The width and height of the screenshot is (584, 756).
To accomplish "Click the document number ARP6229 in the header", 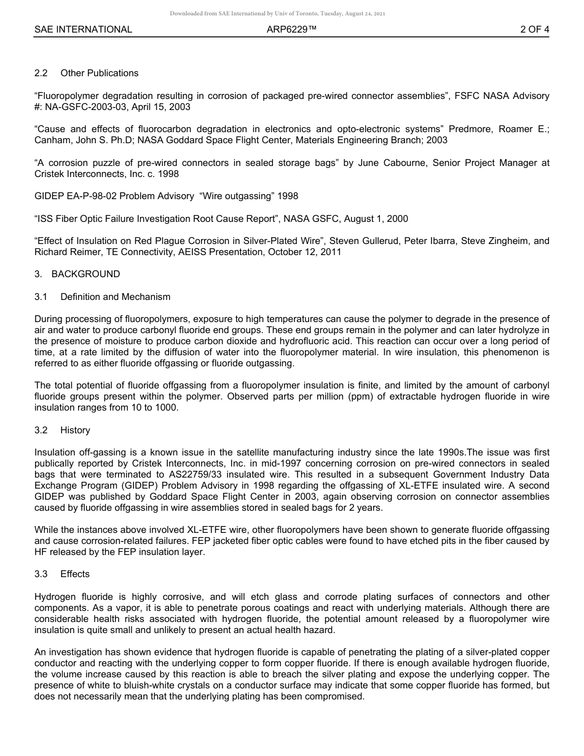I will (x=291, y=30).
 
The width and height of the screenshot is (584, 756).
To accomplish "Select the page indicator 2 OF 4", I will (x=534, y=30).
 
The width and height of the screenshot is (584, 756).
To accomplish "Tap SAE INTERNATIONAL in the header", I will (x=83, y=30).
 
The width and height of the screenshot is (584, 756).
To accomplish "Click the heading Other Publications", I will (x=99, y=73).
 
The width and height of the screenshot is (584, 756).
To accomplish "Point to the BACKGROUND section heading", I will (x=85, y=274).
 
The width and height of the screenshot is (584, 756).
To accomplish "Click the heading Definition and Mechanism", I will (x=115, y=297).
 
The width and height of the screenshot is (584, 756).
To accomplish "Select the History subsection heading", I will (x=75, y=430).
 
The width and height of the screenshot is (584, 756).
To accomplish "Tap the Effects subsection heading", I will (x=75, y=574).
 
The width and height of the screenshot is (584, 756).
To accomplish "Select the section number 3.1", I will (x=41, y=297).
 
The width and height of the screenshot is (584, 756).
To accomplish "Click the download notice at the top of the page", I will (x=277, y=14).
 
